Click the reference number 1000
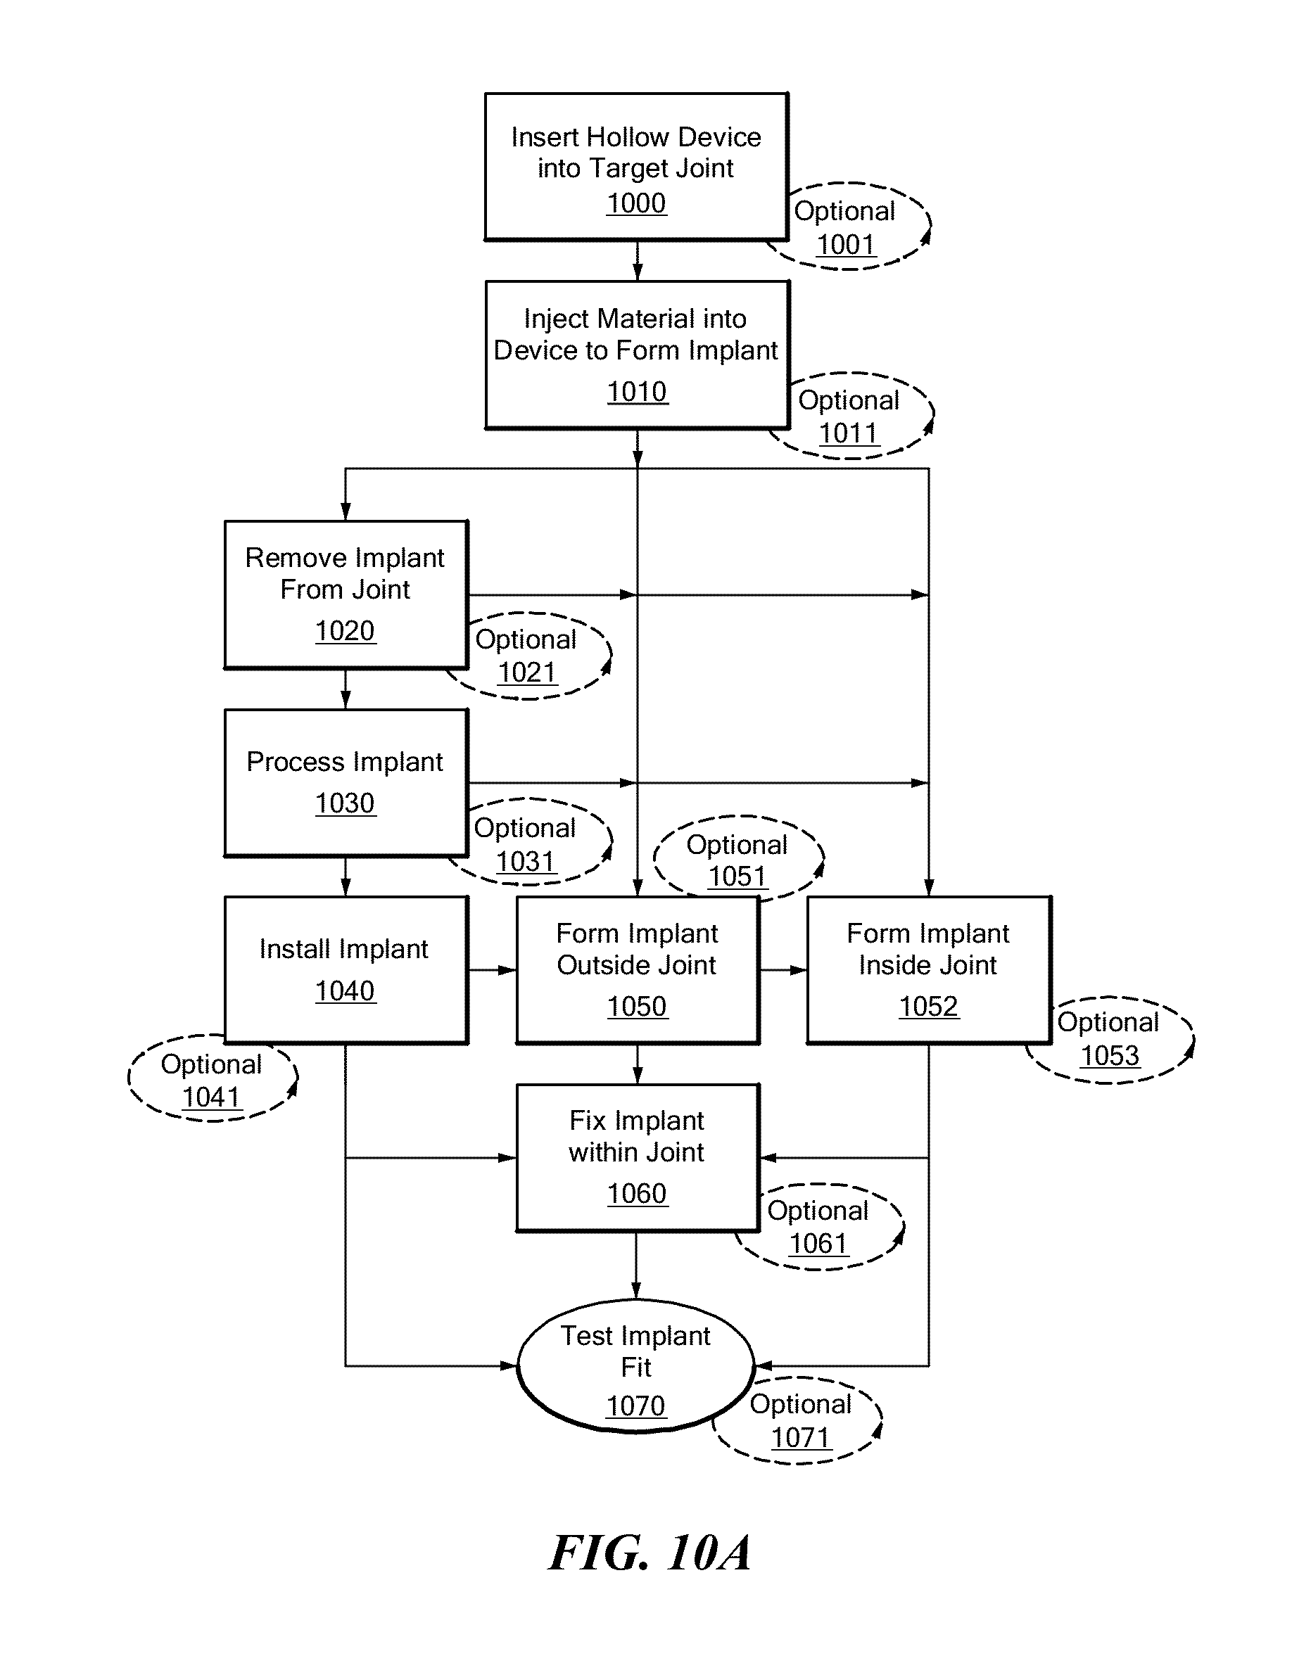tap(636, 203)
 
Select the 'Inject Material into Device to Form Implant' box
tap(637, 355)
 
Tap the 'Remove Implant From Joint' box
tap(346, 594)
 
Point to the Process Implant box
tap(346, 782)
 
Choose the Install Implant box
tap(346, 970)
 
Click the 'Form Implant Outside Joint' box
tap(637, 970)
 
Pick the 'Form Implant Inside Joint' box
tap(929, 970)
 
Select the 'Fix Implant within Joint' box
tap(637, 1157)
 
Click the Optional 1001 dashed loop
tap(848, 227)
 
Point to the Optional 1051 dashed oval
tap(737, 859)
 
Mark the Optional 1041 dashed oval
tap(212, 1079)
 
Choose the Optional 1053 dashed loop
tap(1110, 1039)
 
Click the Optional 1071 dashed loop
tap(801, 1420)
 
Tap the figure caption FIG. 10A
tap(650, 1553)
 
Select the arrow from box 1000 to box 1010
tap(637, 261)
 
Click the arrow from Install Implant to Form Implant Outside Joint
tap(492, 970)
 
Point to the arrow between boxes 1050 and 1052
tap(783, 970)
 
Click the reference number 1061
tap(818, 1243)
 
